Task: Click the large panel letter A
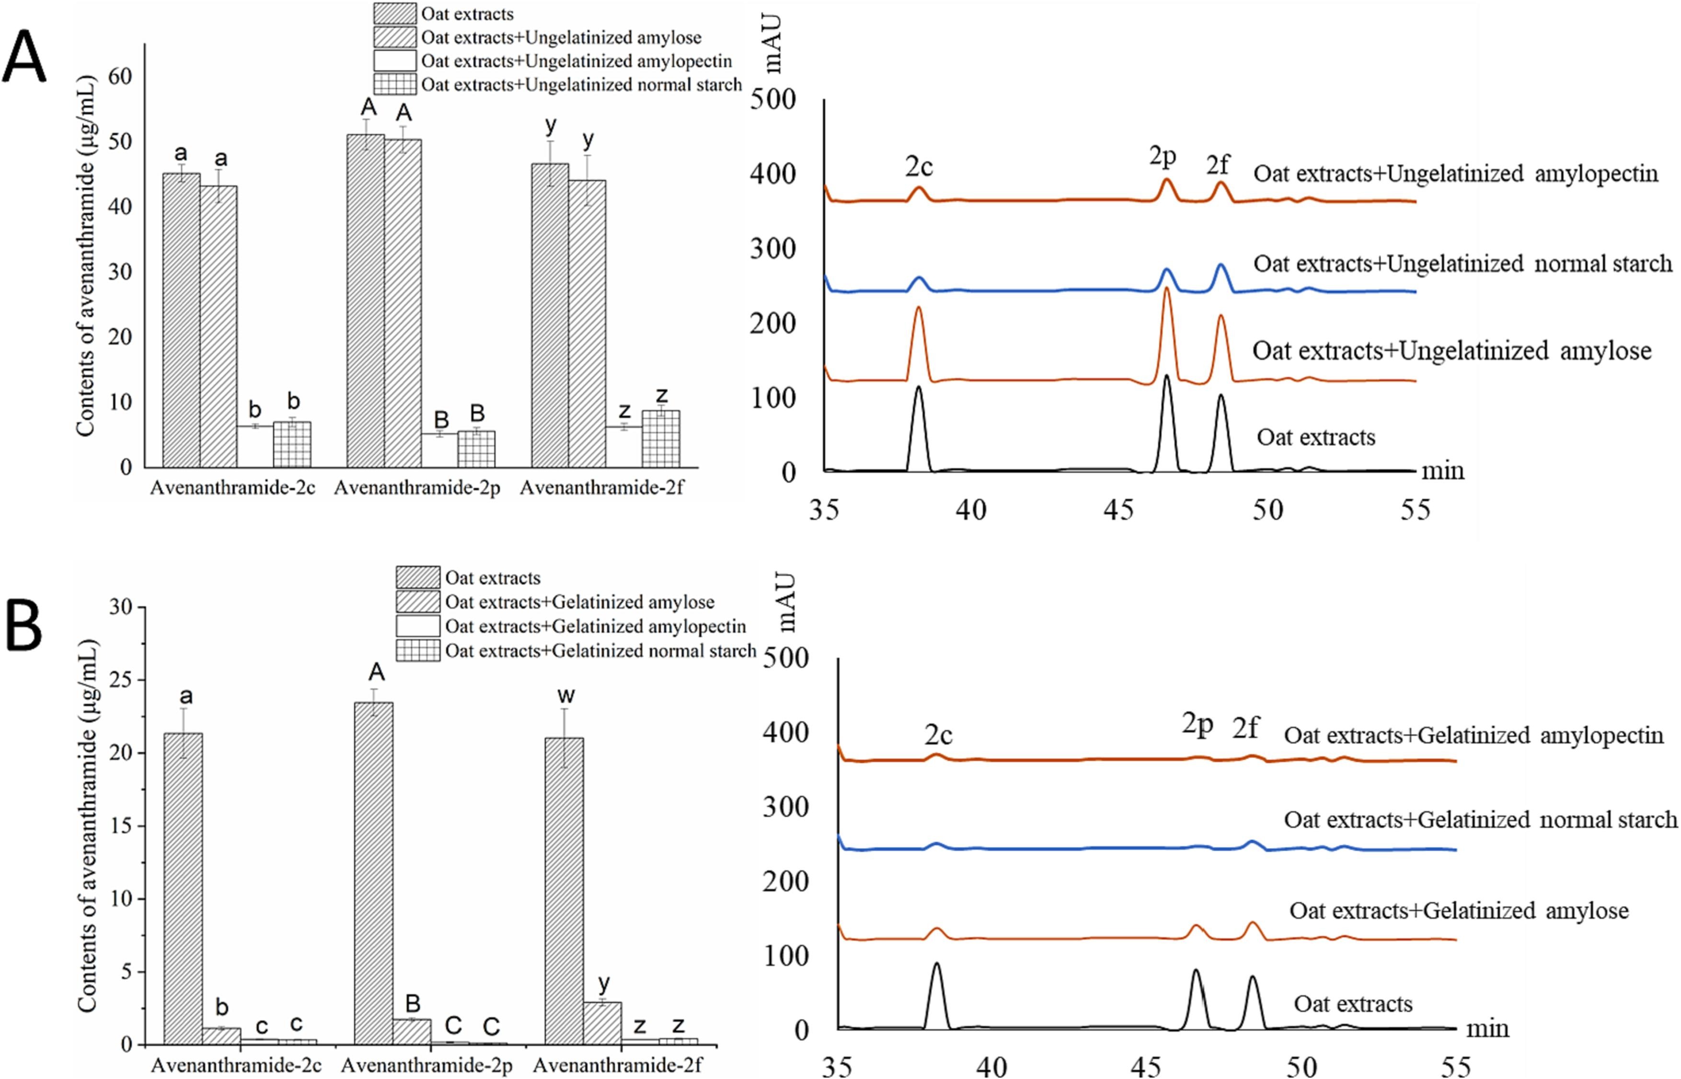click(x=24, y=58)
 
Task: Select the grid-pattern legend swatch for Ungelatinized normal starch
click(x=394, y=84)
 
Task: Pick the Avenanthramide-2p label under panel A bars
click(x=417, y=487)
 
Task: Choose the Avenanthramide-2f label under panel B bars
click(x=617, y=1065)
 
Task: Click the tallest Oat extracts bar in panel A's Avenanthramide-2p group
click(x=365, y=302)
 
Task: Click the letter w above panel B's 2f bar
click(x=566, y=695)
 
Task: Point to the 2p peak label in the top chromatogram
click(x=1163, y=156)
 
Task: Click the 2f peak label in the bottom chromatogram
click(x=1245, y=729)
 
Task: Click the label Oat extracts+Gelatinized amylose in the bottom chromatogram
click(x=1459, y=911)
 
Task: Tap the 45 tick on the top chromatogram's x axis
click(x=1118, y=510)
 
